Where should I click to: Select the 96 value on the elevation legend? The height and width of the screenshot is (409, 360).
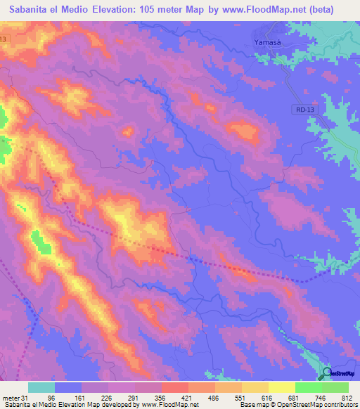pos(51,397)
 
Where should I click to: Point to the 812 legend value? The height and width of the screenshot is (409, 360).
pos(347,397)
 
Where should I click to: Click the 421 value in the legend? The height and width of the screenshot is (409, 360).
pos(186,397)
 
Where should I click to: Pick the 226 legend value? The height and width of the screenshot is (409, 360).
pos(105,397)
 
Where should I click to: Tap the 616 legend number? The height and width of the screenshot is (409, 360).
pos(266,397)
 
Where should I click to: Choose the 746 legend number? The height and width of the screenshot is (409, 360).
pos(320,397)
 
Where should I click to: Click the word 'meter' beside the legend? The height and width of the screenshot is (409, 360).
pos(11,397)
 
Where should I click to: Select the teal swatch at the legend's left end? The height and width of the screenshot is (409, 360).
pos(41,387)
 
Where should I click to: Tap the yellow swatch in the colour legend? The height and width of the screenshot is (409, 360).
pos(281,387)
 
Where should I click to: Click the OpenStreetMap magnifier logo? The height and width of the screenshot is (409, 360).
pos(327,374)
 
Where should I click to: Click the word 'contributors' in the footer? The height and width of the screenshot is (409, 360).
pos(341,405)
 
